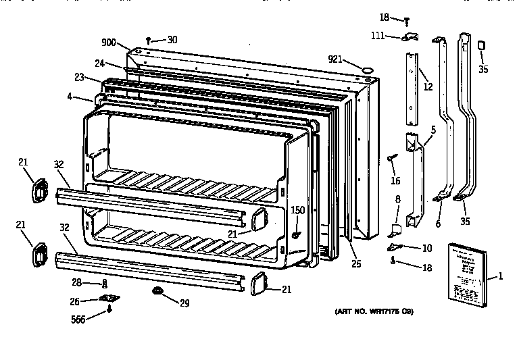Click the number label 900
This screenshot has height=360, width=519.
coord(109,43)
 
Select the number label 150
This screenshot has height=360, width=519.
coord(297,211)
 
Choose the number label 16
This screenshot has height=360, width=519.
coord(396,180)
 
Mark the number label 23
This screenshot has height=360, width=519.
coord(79,78)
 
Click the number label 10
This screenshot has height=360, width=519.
coord(426,248)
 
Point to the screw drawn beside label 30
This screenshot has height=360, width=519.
coord(148,41)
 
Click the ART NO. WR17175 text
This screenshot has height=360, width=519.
coord(374,312)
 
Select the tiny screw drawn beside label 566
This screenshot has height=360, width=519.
coord(109,310)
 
